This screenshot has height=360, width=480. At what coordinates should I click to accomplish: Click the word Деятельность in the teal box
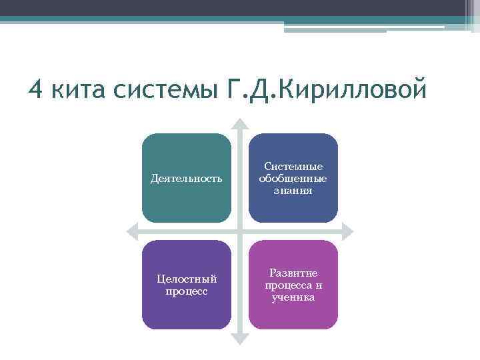click(x=187, y=179)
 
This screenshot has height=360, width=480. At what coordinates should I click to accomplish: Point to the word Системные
click(x=293, y=167)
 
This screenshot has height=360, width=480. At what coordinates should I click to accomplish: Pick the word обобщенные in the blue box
click(x=293, y=179)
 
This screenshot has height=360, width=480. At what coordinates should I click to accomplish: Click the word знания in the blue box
click(x=293, y=191)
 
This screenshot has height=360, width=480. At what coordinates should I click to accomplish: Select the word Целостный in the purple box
click(x=187, y=279)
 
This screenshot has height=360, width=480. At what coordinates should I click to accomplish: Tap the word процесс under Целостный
click(x=187, y=291)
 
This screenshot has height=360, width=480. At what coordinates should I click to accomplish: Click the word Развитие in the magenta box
click(x=293, y=273)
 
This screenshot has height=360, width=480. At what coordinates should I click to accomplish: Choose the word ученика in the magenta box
click(x=293, y=297)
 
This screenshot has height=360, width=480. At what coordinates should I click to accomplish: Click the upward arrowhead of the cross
click(x=240, y=125)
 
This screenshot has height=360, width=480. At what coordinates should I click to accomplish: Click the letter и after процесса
click(x=319, y=285)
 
